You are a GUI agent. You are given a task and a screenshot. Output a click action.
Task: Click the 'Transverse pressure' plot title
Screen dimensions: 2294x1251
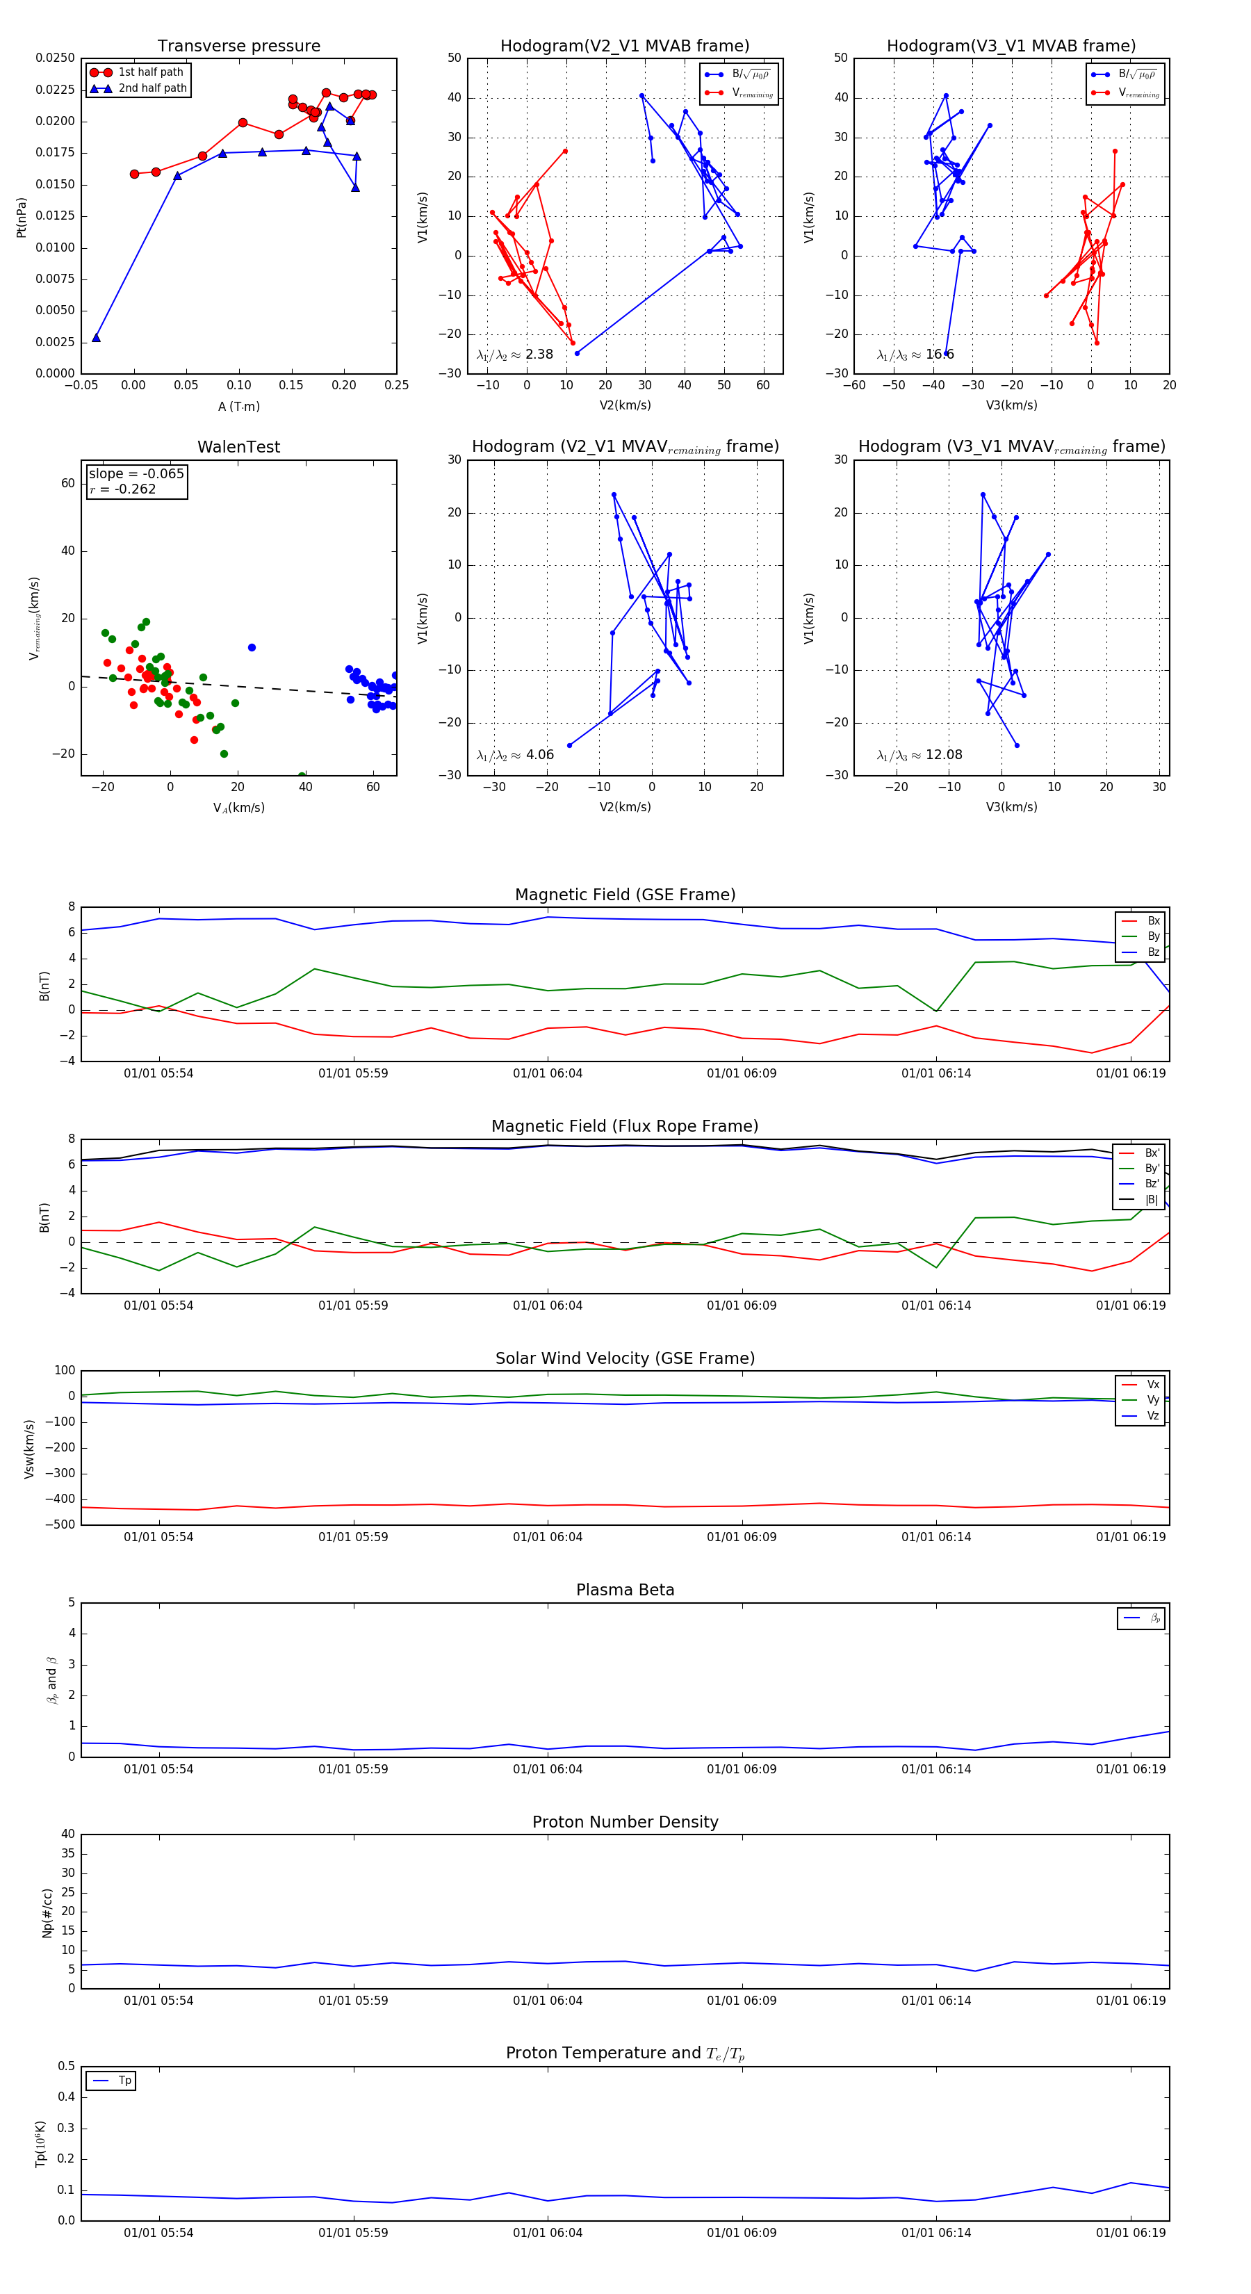238,47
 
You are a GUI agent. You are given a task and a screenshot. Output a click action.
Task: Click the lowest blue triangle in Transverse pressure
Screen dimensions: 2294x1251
96,338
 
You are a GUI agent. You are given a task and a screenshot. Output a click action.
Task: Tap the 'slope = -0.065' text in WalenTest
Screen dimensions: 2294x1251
136,474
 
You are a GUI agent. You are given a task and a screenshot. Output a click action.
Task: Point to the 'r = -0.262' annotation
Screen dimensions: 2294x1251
123,489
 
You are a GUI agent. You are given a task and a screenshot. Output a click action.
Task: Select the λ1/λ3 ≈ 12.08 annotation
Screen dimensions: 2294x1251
919,755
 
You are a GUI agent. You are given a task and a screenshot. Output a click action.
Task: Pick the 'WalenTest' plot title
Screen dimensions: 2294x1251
238,447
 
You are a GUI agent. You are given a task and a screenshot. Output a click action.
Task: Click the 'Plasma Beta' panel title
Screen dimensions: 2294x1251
625,1590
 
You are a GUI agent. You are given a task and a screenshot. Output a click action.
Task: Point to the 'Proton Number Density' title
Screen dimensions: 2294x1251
625,1821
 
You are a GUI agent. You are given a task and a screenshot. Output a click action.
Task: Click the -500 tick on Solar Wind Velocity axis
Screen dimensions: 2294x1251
60,1524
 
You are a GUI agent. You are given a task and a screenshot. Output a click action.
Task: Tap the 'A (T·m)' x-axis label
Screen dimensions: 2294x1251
238,407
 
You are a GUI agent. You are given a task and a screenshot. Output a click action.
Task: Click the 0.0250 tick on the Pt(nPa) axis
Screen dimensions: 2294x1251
55,58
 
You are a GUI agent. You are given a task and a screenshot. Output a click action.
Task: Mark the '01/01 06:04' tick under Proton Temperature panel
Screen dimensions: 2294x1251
548,2233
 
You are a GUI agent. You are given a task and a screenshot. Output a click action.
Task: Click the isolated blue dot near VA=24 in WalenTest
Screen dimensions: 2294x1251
252,647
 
